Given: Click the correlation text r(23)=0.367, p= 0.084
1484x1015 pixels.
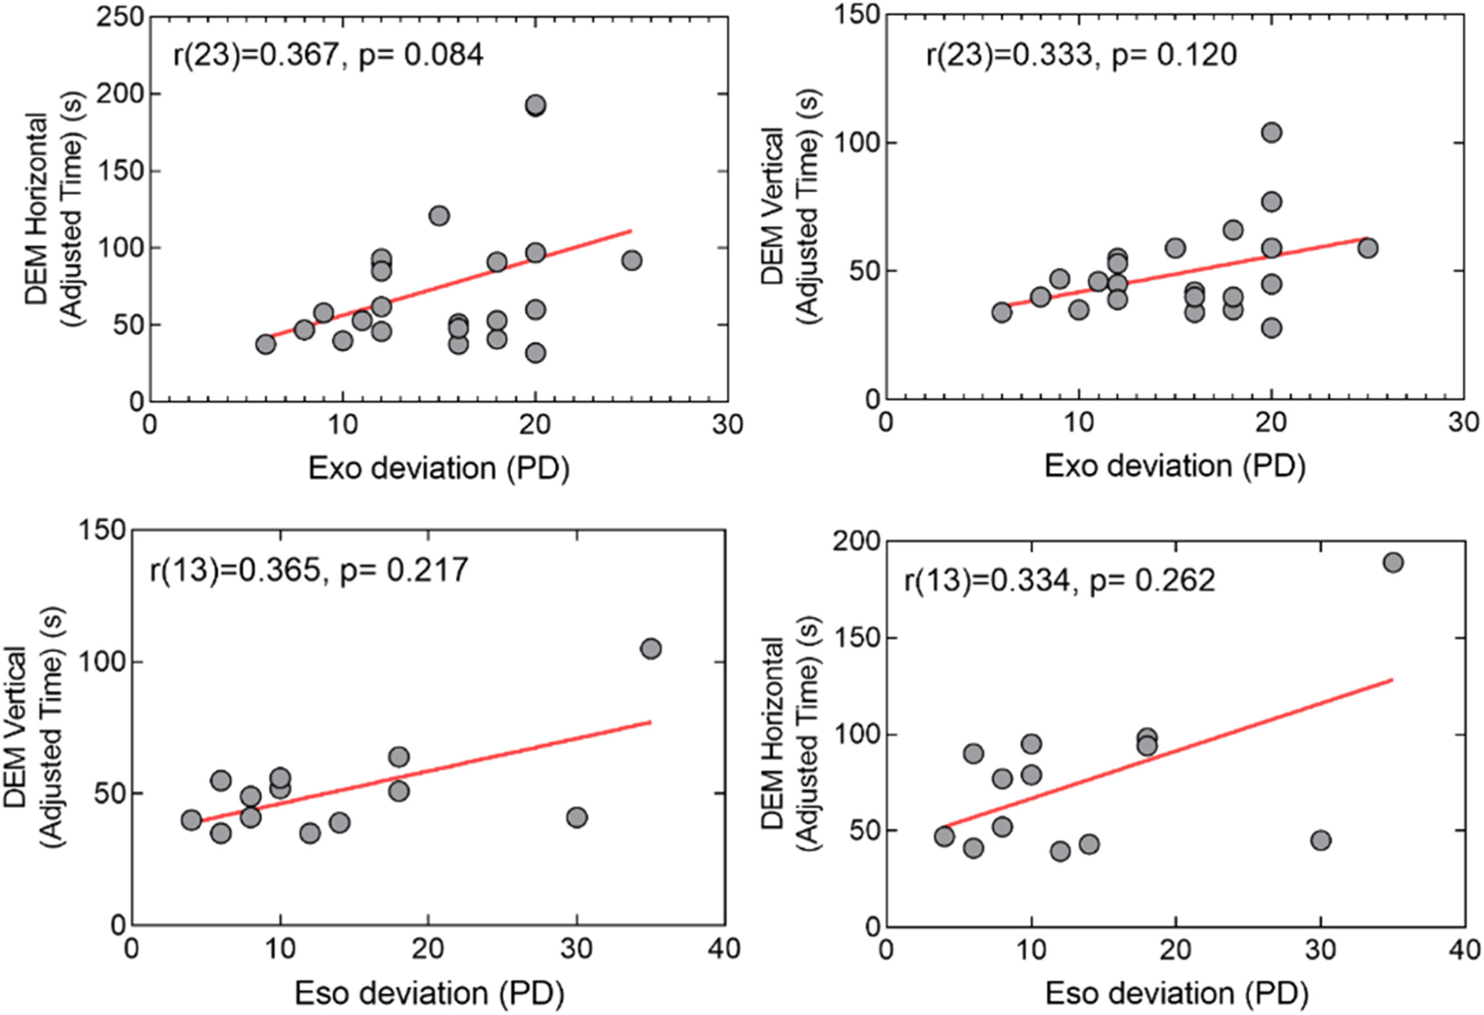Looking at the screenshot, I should [328, 55].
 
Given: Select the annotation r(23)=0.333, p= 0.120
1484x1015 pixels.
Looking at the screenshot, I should [1081, 55].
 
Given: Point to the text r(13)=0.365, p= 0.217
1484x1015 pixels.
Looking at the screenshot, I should [309, 570].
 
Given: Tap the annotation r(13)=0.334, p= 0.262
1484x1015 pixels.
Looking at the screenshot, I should [1059, 580].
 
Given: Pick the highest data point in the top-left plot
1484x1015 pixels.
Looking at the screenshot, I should [536, 105].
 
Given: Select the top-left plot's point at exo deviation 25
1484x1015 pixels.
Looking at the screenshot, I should [632, 260].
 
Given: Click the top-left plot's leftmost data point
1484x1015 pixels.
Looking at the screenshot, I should [265, 345].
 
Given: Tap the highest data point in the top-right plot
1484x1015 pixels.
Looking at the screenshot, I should [1271, 133].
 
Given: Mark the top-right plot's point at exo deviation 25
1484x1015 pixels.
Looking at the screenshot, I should [1367, 248].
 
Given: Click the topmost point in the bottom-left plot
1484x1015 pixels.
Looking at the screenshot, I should [650, 649].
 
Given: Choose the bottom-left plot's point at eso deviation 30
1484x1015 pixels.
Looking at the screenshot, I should [576, 817].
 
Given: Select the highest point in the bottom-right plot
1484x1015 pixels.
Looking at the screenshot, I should [1393, 562].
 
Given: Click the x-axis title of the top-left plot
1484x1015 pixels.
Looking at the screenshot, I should [438, 468].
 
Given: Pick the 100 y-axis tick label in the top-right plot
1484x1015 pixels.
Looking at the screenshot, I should [854, 142].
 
